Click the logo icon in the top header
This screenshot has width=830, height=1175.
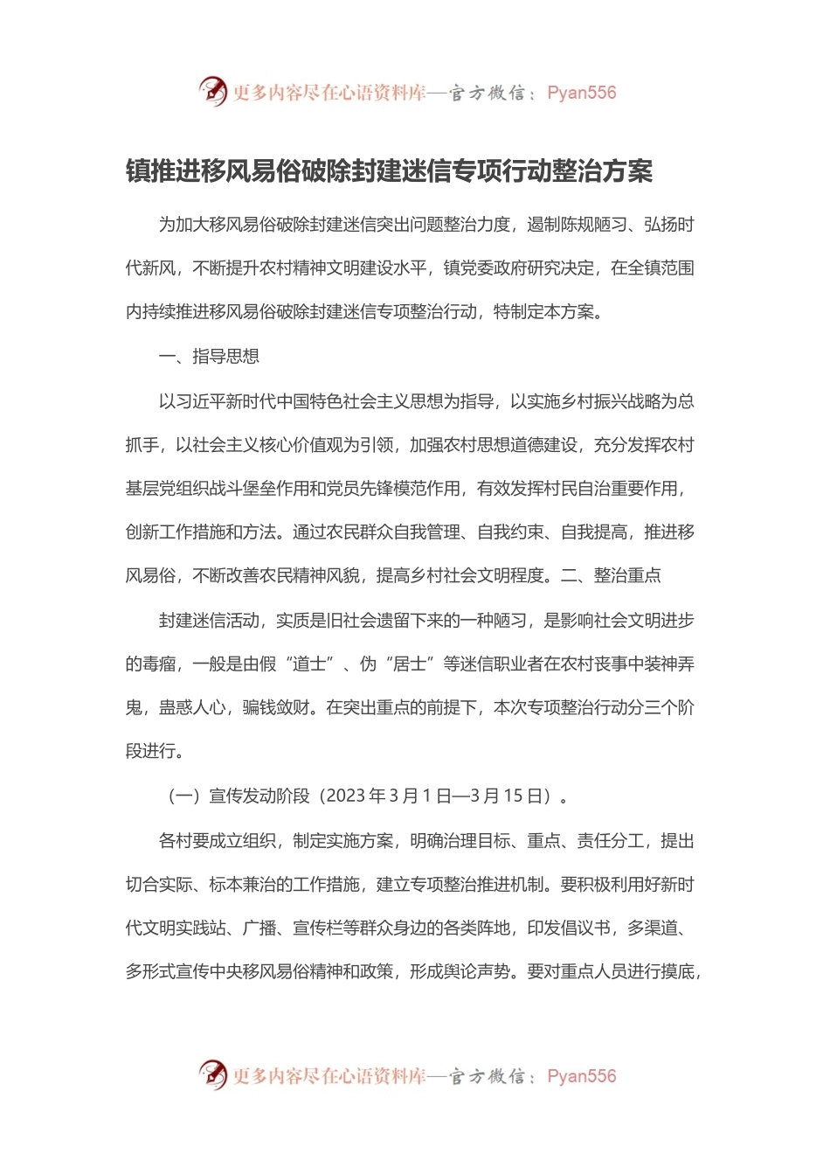[212, 91]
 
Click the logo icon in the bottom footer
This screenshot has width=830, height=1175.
[212, 1074]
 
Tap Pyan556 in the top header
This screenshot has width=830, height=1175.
[581, 93]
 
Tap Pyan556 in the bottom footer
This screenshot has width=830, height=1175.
[581, 1076]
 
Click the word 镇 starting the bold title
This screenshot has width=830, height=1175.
[138, 171]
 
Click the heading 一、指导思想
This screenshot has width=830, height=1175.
[209, 357]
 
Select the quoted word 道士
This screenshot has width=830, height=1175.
[308, 664]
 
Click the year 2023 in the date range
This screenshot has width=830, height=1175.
[345, 796]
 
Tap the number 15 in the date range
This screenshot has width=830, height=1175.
[513, 796]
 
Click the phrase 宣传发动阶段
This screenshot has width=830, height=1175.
[259, 796]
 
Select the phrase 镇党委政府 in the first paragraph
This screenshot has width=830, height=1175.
[485, 268]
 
